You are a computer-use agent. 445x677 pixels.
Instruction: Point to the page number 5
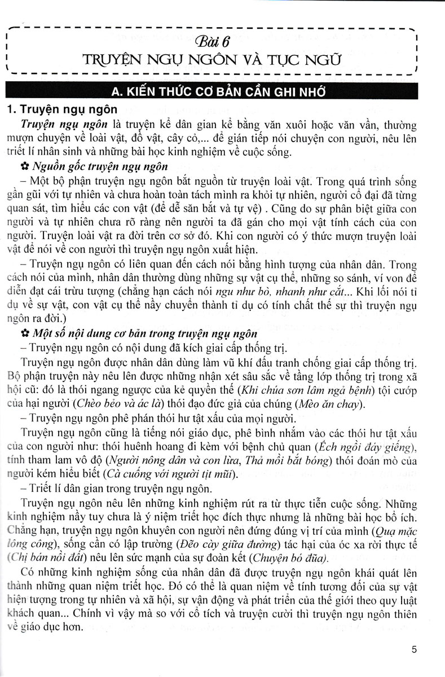[414, 649]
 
